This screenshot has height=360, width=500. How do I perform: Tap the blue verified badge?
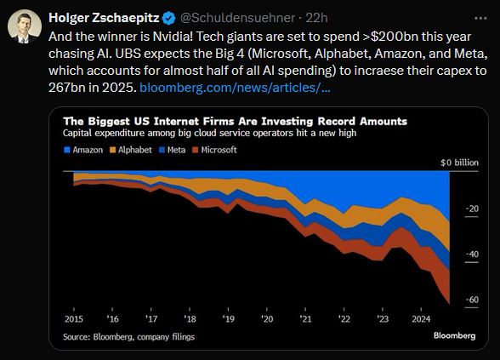167,18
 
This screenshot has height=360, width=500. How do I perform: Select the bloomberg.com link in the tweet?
235,88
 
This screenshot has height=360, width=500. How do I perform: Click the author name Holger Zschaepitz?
102,18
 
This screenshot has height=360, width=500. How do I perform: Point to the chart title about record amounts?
235,122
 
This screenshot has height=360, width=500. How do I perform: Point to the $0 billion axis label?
460,162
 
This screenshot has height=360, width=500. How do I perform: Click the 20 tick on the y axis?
472,208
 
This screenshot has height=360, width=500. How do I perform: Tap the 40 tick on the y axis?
472,254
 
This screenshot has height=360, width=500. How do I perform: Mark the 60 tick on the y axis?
472,299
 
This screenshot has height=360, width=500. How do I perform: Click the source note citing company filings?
128,337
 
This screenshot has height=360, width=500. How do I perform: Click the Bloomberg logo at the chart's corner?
454,336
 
